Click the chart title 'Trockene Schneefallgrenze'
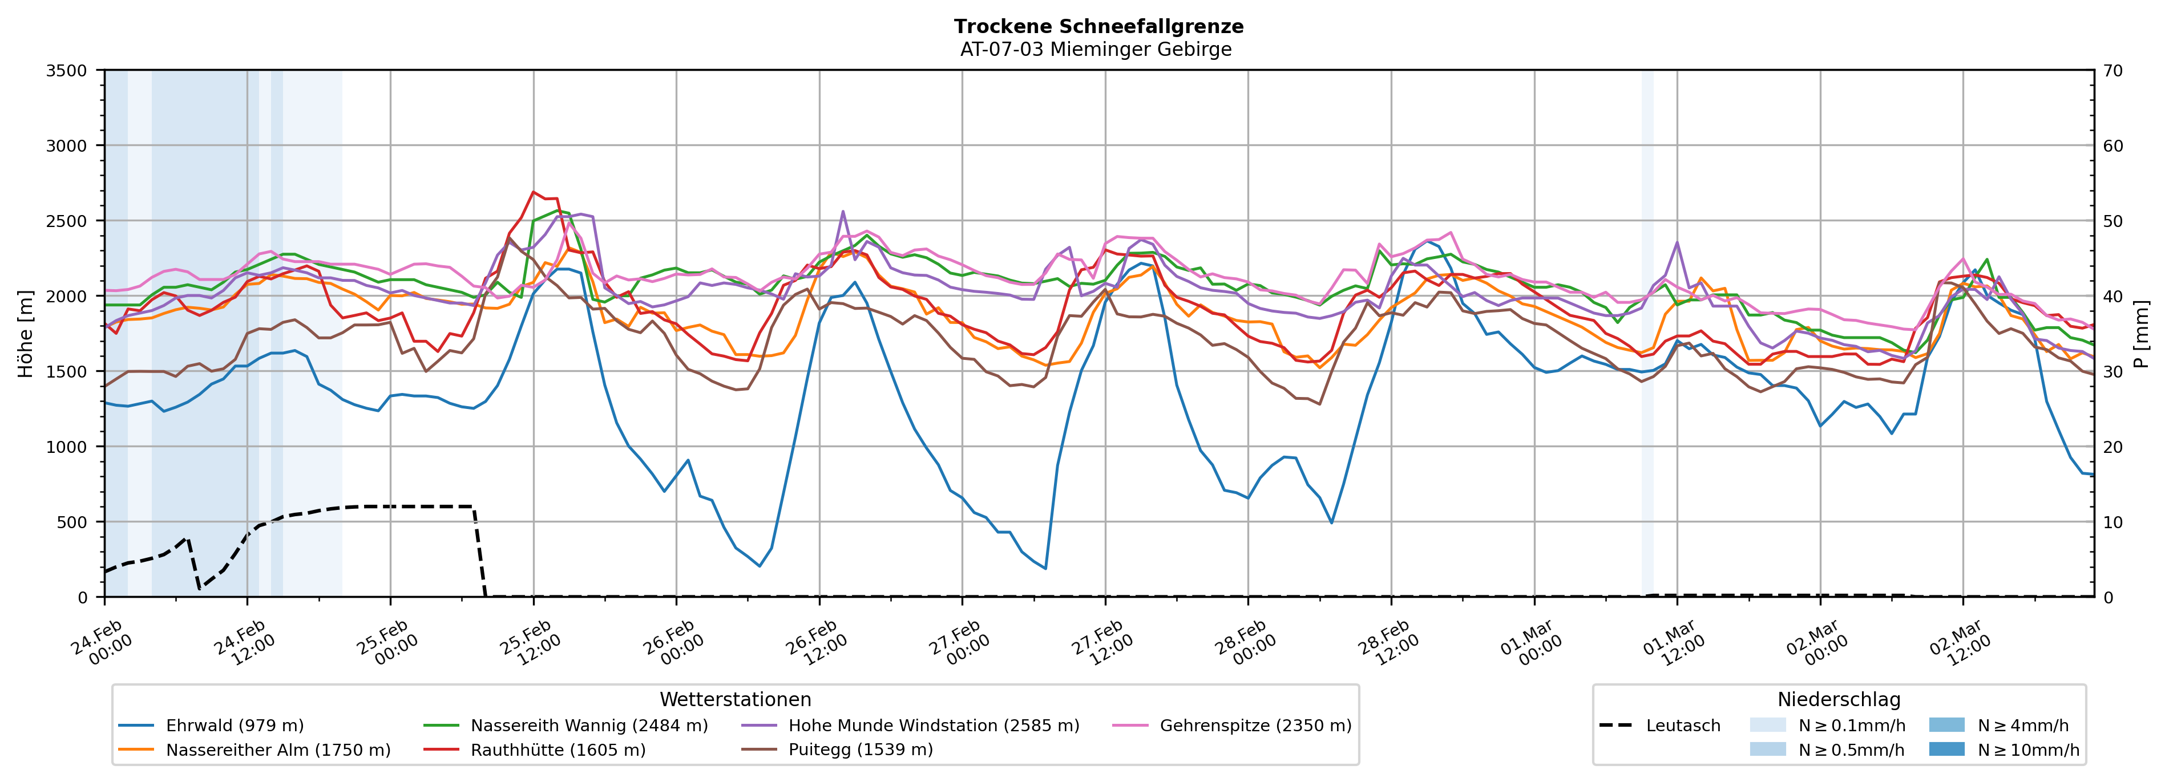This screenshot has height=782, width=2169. tap(1098, 26)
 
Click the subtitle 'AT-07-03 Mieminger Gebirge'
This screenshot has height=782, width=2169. tap(1096, 49)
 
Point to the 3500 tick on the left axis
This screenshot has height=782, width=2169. tap(67, 71)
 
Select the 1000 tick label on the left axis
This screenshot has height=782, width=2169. tap(67, 447)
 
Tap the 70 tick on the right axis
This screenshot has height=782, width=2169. tap(2113, 71)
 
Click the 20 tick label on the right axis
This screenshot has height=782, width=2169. tap(2113, 447)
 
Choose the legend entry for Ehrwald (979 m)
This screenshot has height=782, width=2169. tap(234, 726)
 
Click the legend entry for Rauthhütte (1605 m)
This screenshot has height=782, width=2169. tap(558, 750)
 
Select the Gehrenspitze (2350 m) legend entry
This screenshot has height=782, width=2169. tap(1255, 726)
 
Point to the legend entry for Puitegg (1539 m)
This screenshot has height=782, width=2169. tap(860, 750)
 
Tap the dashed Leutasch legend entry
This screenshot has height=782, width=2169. tap(1682, 726)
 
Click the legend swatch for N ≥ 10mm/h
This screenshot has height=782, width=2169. tap(1946, 749)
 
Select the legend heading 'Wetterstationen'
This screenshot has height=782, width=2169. tap(735, 699)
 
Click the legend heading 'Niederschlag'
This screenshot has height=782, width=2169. tap(1839, 699)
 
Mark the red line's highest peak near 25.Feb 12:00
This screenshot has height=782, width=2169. tap(533, 192)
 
